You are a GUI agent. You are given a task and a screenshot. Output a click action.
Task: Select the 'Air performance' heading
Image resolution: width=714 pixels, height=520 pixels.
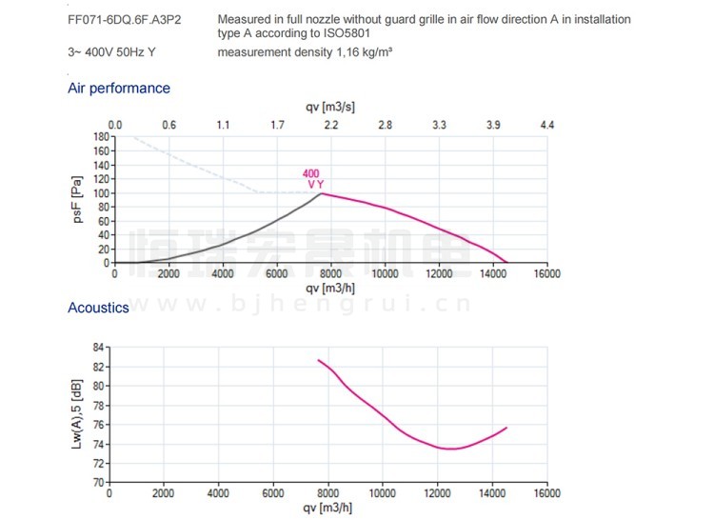click(x=119, y=89)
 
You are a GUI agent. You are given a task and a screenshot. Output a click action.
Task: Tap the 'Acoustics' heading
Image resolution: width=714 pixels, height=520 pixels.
click(x=98, y=308)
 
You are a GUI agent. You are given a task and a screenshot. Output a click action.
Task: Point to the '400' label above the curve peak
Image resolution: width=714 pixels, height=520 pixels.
click(x=311, y=173)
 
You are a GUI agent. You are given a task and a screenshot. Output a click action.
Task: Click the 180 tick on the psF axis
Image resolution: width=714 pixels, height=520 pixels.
click(x=100, y=137)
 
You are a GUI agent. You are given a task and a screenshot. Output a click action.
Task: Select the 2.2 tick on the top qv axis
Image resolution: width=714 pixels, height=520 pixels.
click(x=331, y=125)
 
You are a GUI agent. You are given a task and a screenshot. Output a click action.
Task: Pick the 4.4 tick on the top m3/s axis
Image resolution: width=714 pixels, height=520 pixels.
click(x=546, y=125)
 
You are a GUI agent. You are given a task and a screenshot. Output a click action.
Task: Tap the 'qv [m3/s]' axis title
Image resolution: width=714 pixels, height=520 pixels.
click(x=329, y=108)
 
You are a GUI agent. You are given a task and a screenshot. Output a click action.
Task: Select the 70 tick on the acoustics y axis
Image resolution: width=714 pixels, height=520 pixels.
click(x=96, y=483)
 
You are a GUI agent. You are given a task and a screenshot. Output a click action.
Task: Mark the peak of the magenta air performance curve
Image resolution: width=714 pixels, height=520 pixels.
click(x=322, y=193)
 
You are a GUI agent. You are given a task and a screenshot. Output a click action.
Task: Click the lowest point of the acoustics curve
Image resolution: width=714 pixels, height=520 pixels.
click(x=450, y=449)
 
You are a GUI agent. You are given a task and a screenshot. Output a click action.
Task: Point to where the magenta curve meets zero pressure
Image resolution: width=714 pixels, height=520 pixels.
click(x=507, y=262)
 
